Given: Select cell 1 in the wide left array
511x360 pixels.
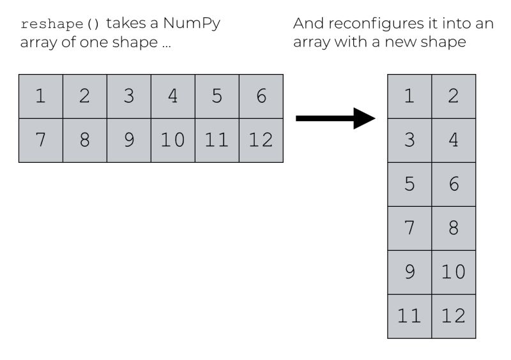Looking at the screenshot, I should click(41, 96).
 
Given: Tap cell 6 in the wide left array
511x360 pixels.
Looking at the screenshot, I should click(261, 96).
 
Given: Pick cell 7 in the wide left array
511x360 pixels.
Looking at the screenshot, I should click(41, 140).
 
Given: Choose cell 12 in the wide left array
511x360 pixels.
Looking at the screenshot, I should click(261, 140).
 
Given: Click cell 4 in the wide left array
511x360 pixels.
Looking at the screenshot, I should click(173, 96).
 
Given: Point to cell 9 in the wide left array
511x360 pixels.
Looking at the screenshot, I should click(129, 140).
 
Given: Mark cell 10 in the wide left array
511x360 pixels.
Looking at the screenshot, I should click(173, 140).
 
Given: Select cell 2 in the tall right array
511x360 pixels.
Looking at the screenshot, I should click(454, 96).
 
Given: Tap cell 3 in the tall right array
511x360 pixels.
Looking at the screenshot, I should click(409, 140).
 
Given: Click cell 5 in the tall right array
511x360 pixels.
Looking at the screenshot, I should click(409, 184).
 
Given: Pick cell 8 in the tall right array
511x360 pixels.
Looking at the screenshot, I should click(454, 229).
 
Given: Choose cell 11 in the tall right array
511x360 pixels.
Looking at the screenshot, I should click(409, 317).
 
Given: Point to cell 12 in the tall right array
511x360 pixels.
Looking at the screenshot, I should click(454, 317).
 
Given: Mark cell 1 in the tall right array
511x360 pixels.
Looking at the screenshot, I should click(409, 96).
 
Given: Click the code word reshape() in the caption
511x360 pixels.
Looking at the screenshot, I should click(61, 25).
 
